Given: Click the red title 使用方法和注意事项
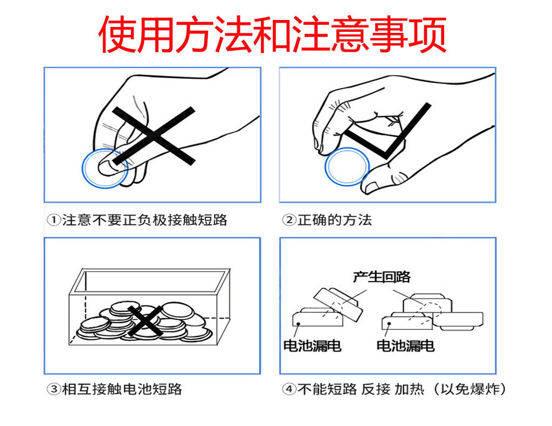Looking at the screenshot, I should point(272,33).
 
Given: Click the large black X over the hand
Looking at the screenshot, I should point(154,135).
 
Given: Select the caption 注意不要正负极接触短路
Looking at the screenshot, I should point(144,220).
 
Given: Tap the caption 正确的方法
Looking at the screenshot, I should point(334,220).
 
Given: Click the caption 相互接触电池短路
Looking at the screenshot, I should point(122,389).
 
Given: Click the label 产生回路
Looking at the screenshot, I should point(382,277).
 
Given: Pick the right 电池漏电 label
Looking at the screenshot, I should point(405,346).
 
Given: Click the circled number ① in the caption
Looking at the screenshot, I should point(53,220).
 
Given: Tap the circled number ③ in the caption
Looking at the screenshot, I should point(53,389).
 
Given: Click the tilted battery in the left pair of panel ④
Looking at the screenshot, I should point(337,303).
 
